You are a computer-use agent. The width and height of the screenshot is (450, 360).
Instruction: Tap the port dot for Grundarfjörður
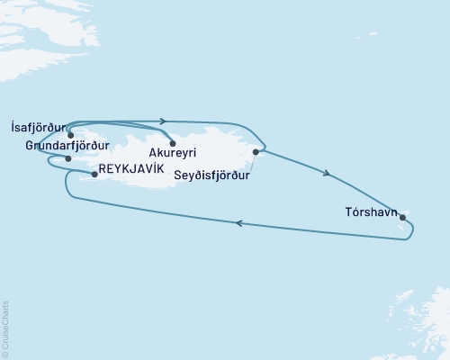point(67,158)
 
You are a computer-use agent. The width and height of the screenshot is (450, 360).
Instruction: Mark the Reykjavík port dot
point(93,176)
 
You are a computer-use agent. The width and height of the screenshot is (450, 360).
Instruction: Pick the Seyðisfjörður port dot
point(256,152)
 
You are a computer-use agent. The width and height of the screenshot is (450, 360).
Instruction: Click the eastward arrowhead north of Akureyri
point(163,121)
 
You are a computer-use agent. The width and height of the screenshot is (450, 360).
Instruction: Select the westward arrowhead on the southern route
point(238,224)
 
